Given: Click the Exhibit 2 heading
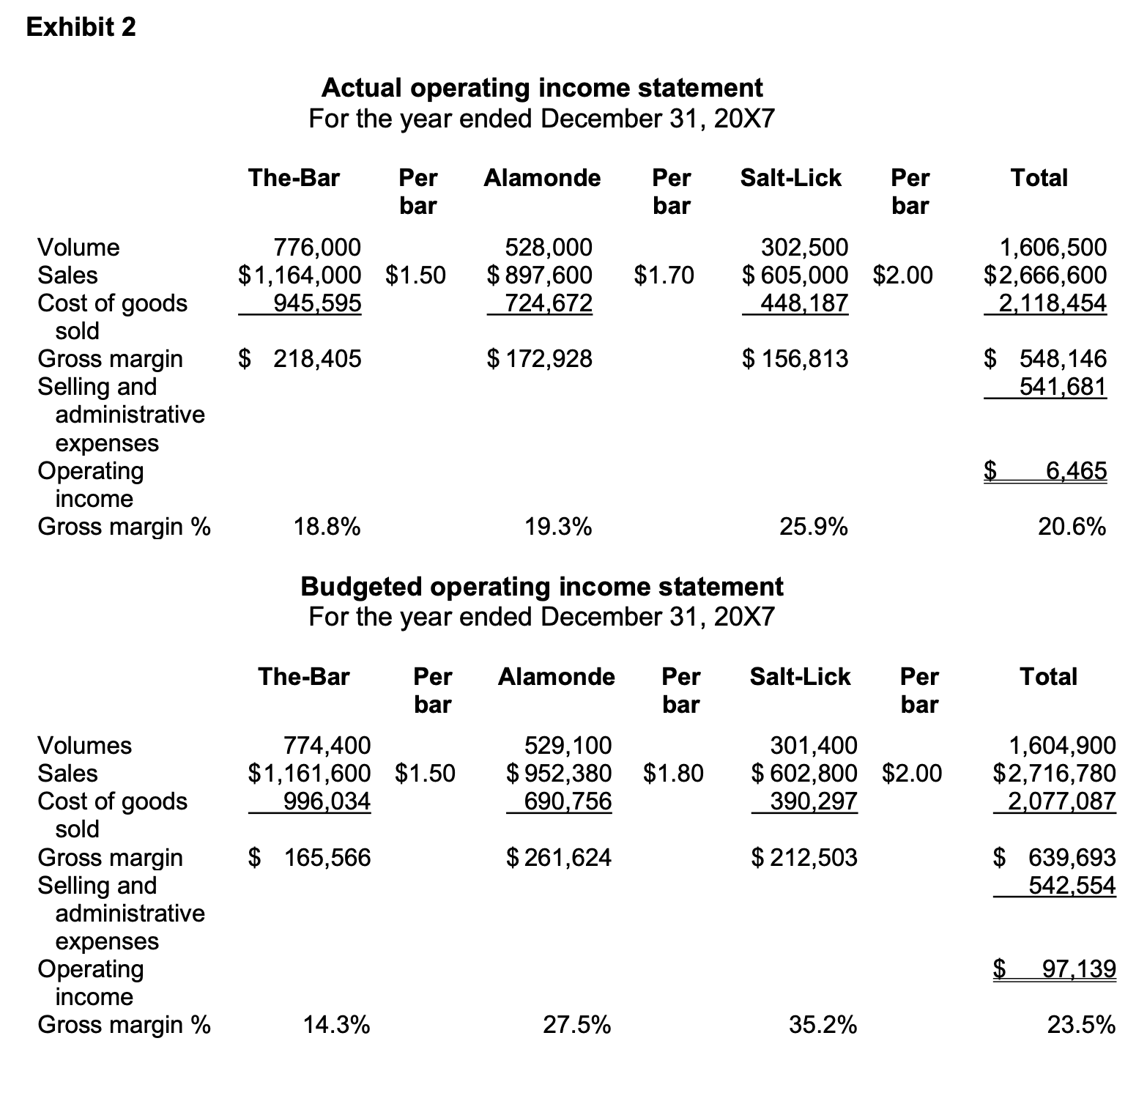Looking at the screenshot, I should click(81, 27).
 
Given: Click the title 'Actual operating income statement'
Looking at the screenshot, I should click(542, 88).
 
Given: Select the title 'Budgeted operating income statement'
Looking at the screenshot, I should click(542, 587).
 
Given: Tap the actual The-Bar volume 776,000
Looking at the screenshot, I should click(316, 248).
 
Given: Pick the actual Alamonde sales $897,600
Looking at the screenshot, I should click(540, 275).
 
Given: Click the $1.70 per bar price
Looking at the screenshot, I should click(664, 275).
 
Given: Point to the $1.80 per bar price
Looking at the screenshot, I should click(673, 774).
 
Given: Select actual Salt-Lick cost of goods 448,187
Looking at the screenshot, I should click(804, 303).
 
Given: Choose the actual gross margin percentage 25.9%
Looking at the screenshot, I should click(814, 527).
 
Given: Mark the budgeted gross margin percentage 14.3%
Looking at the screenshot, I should click(336, 1025).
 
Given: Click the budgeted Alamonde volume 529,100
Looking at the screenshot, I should click(568, 746).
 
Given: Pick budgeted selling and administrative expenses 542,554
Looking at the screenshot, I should click(1072, 886).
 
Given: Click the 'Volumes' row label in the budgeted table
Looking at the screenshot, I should click(84, 746).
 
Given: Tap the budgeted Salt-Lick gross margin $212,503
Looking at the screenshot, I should click(804, 858).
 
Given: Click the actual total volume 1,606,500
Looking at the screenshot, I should click(1053, 248).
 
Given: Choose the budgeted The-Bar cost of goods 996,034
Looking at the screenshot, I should click(327, 801).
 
